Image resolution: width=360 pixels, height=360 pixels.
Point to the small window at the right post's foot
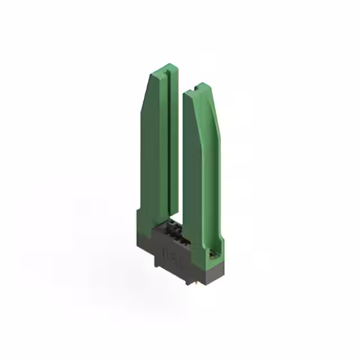pos(211,254)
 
